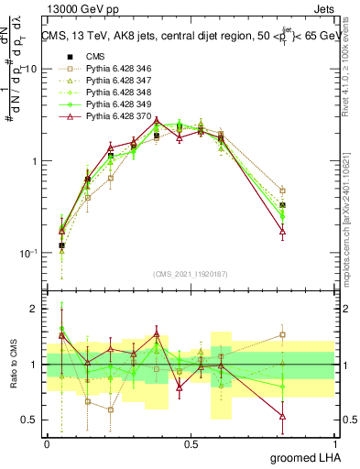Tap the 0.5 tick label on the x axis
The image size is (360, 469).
(x=191, y=443)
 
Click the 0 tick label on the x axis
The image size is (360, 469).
(x=47, y=443)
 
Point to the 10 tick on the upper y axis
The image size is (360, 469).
(x=30, y=70)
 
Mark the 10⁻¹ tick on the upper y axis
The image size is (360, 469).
(x=27, y=253)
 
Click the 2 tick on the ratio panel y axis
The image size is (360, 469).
(x=35, y=310)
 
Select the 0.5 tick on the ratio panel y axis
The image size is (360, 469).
(x=30, y=420)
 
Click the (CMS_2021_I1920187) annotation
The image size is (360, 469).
(x=191, y=274)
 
